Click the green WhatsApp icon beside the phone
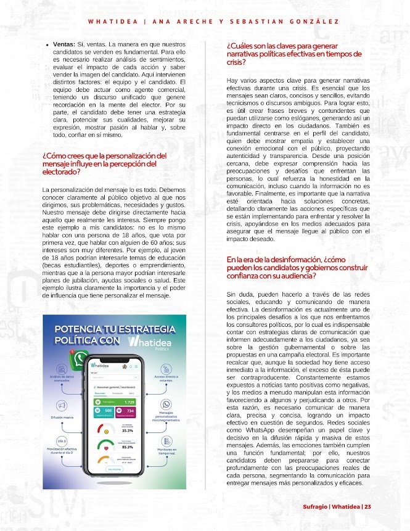pos(79,358)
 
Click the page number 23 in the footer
pos(367,507)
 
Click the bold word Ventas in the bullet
pos(64,45)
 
